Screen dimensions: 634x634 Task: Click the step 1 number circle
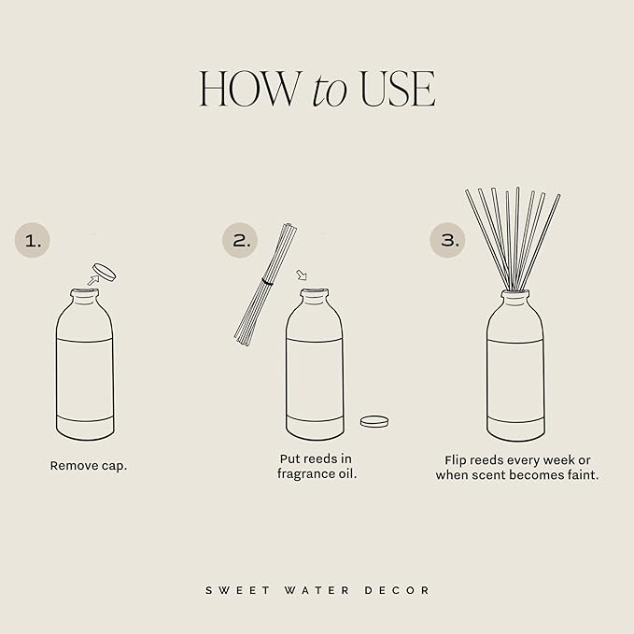[33, 240]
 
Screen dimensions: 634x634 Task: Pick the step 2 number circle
[240, 240]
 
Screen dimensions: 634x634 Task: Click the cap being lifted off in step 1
[105, 273]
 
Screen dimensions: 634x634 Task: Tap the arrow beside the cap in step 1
[92, 278]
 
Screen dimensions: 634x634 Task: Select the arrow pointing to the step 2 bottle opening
[300, 275]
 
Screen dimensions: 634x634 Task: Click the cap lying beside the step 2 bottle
[374, 421]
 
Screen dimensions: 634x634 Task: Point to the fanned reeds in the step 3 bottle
[513, 233]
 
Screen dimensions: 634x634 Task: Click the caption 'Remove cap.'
[89, 465]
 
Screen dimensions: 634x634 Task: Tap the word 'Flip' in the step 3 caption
[458, 459]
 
